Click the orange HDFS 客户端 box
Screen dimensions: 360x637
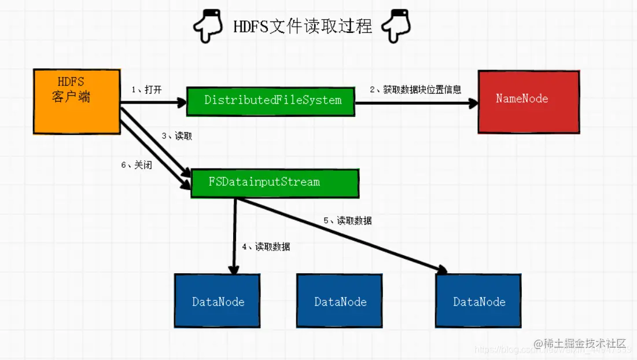point(76,101)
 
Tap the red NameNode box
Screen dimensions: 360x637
point(528,102)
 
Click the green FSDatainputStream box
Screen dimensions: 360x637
point(274,183)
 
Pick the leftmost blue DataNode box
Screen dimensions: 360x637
point(217,301)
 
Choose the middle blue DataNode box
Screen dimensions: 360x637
point(340,301)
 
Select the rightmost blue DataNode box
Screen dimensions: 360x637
point(478,301)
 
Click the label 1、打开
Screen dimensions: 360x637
point(148,90)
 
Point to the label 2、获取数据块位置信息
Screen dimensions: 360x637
point(415,90)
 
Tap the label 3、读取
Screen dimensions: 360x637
point(176,136)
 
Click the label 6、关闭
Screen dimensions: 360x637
point(137,165)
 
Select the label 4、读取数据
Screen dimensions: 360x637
point(266,247)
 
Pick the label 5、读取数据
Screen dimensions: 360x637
point(347,221)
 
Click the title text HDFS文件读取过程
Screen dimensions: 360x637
point(303,26)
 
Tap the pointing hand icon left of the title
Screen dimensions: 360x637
point(206,27)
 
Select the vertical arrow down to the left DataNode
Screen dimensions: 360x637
point(234,237)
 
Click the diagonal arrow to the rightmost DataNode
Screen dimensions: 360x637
point(347,234)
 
